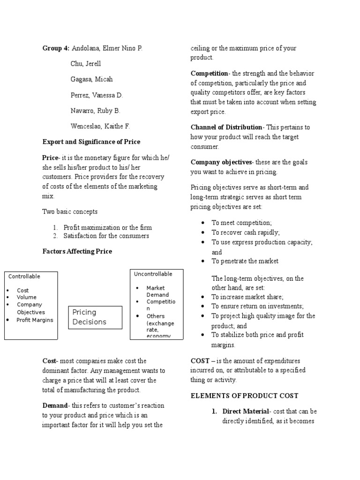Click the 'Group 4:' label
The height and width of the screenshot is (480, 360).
pos(56,48)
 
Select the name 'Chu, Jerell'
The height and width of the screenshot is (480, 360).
pos(86,64)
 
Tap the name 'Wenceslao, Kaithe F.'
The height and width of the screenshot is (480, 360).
pos(100,126)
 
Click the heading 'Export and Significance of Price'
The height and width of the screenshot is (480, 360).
pos(91,142)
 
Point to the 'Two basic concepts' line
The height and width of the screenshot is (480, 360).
pos(70,212)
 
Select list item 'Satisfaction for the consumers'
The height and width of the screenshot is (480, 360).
pos(106,236)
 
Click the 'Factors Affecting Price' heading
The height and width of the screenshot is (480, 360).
pos(77,251)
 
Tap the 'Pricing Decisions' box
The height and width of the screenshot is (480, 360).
pos(95,317)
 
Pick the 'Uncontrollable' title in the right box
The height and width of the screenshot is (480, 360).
pos(153,274)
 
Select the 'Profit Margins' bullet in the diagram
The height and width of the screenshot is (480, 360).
pos(35,320)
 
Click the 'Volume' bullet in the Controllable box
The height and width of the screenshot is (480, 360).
pos(26,297)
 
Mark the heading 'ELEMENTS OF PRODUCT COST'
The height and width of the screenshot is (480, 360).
pos(244,396)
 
